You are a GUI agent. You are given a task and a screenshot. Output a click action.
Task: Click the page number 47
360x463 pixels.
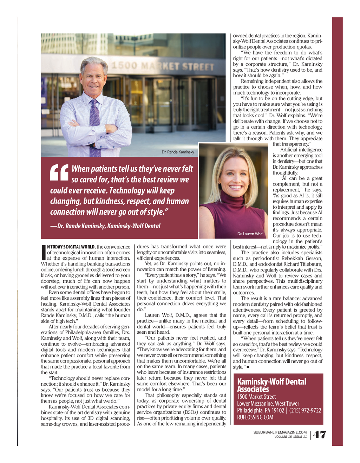point(319,435)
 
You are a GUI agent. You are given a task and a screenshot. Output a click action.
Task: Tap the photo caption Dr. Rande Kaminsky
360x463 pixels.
point(178,152)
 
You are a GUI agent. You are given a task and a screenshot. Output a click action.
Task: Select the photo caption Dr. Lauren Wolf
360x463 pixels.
point(250,234)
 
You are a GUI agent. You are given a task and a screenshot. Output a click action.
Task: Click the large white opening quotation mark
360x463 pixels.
point(59,172)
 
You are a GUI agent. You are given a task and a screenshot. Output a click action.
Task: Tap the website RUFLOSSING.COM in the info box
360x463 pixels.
point(255,417)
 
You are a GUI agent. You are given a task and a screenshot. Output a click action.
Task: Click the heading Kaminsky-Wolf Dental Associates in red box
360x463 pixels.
point(271,385)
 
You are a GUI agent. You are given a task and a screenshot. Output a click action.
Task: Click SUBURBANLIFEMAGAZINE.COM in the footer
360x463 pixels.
point(280,432)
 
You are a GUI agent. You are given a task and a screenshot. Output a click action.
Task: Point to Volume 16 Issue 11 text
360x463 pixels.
point(290,437)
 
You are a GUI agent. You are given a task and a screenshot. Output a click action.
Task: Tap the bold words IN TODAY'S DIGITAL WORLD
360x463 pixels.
point(71,247)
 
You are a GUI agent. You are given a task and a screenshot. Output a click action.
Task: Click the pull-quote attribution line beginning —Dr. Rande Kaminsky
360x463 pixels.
point(105,226)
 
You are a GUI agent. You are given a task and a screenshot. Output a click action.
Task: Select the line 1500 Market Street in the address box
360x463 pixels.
point(256,397)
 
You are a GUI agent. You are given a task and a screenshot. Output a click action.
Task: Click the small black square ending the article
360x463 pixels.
point(248,367)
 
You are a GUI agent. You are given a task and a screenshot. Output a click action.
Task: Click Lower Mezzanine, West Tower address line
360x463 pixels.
point(268,404)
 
